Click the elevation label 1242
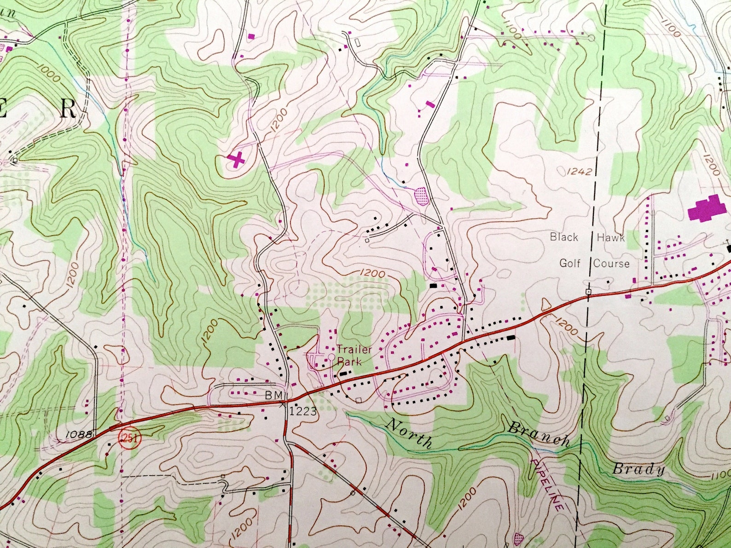click(x=579, y=172)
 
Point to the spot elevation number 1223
click(x=303, y=411)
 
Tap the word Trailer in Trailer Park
click(x=354, y=349)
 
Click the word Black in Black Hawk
click(x=564, y=237)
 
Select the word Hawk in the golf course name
click(x=611, y=237)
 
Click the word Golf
click(x=569, y=264)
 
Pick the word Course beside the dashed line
click(x=611, y=264)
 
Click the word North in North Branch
click(x=410, y=433)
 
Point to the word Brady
click(x=638, y=469)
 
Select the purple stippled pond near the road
click(x=421, y=196)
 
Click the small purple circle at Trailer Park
click(x=331, y=357)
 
